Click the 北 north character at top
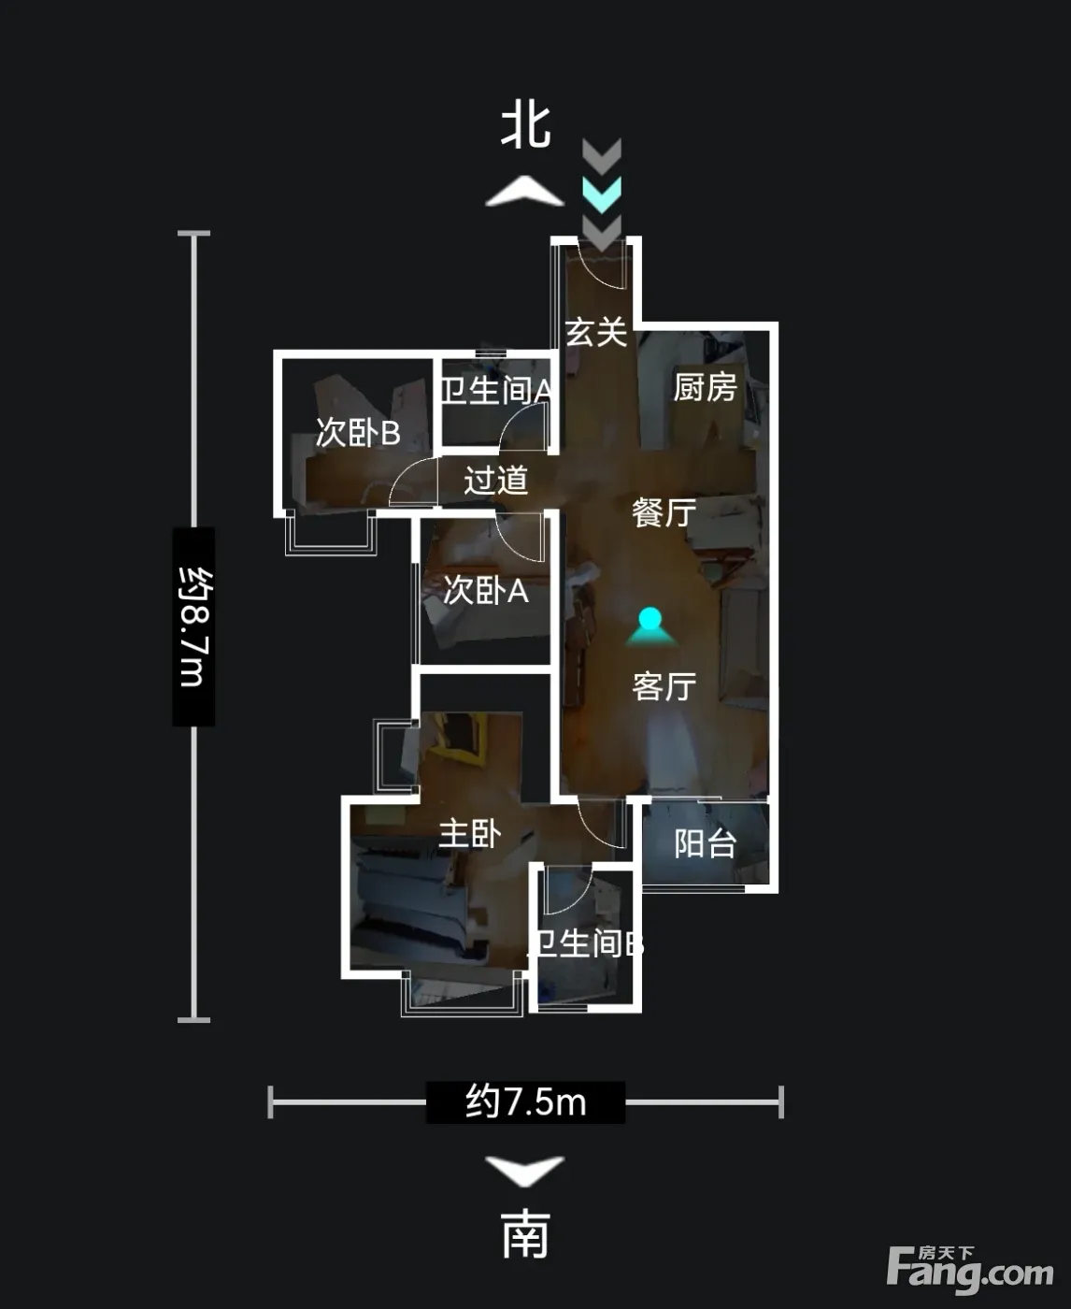coord(525,126)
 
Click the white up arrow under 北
coord(525,191)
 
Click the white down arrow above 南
coord(525,1171)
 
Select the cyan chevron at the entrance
coord(601,194)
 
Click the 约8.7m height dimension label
coord(193,626)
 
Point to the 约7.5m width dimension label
coord(525,1102)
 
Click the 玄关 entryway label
coord(595,332)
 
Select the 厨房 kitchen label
coord(706,388)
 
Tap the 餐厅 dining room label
coord(664,512)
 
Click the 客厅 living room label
coord(664,686)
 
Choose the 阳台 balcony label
coord(706,844)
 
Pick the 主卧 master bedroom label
coord(470,834)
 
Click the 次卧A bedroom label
coord(486,590)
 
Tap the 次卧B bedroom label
coord(358,433)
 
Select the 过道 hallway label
coord(496,480)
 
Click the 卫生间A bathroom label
coord(495,391)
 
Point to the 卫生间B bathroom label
coord(584,944)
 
